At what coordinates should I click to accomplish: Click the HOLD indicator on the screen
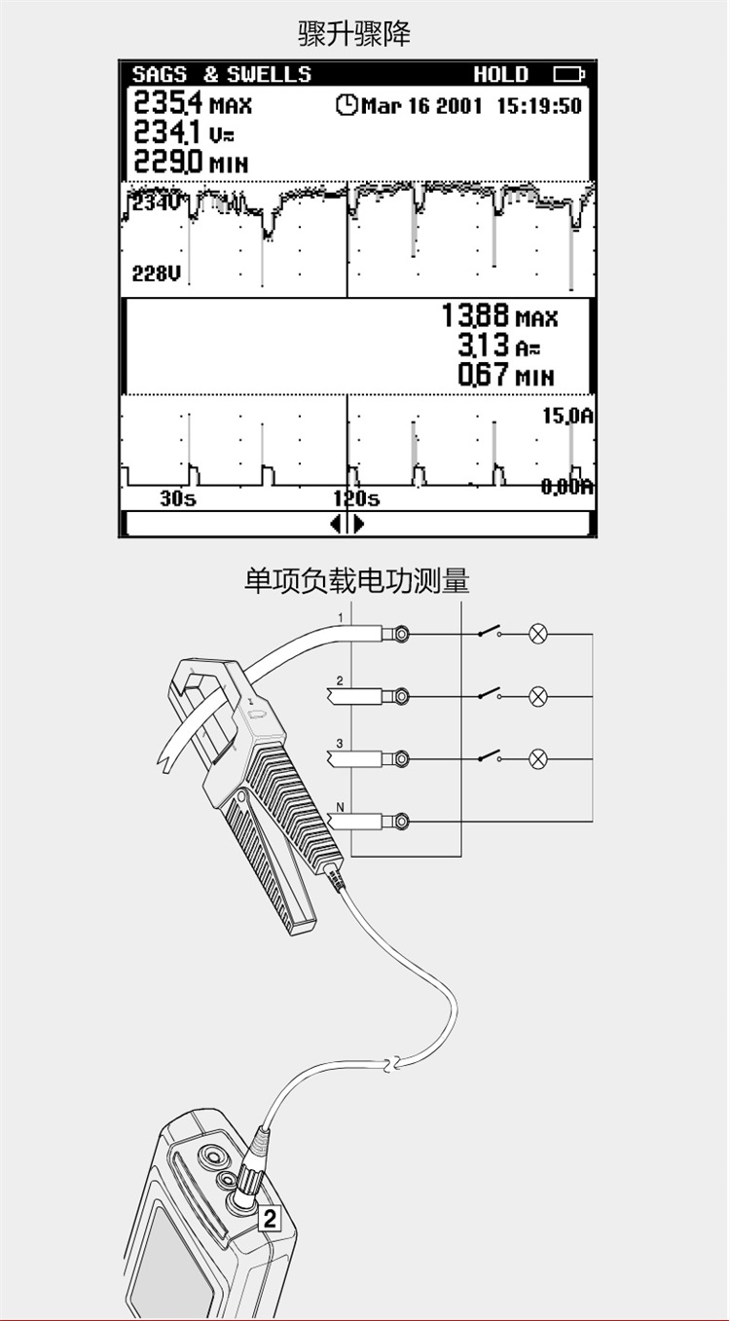point(501,74)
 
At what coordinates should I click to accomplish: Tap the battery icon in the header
point(569,74)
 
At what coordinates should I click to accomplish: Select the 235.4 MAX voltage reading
point(193,102)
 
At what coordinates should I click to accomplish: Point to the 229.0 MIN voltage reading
point(191,162)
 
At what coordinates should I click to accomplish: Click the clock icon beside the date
point(347,105)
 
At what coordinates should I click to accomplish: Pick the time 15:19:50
point(539,106)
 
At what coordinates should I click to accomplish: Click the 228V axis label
point(157,274)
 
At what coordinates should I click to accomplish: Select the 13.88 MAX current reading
point(499,315)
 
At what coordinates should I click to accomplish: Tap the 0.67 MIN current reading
point(506,375)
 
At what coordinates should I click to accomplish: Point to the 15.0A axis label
point(567,416)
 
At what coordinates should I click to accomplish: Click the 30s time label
point(177,499)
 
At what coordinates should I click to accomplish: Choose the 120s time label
point(356,499)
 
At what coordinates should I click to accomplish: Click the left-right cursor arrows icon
point(347,524)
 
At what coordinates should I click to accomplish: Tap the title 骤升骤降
point(353,34)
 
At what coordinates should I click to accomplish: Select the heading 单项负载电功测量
point(357,580)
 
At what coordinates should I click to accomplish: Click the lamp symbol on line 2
point(538,696)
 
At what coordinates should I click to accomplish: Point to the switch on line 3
point(490,756)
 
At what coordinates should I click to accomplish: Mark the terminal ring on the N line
point(402,821)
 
